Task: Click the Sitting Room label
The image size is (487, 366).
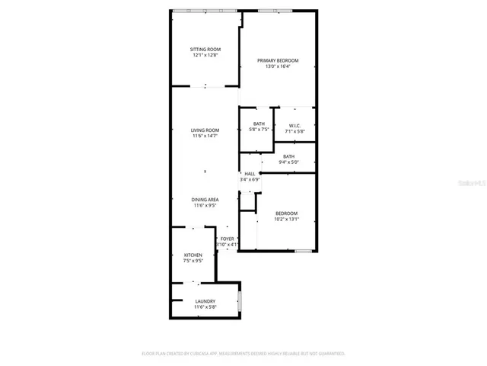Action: [205, 50]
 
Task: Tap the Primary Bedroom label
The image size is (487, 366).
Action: [278, 61]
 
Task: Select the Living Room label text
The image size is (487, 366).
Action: [205, 130]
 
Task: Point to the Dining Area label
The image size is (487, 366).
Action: [205, 200]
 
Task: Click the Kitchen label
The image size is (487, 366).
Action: [193, 255]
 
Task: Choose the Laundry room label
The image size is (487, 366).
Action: [205, 301]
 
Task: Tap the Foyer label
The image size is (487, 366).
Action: [228, 239]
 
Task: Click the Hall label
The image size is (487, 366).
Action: [250, 174]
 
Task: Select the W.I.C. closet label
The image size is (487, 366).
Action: [294, 126]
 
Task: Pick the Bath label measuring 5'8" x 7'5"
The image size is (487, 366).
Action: [259, 124]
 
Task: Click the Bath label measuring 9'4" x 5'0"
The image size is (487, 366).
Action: [289, 156]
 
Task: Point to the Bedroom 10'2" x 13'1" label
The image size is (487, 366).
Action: [286, 213]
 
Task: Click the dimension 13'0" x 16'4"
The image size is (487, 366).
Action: [278, 67]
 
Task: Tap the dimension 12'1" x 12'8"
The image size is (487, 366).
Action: [205, 56]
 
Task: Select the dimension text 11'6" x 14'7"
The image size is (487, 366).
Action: [205, 136]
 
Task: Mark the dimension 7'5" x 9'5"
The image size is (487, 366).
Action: [193, 261]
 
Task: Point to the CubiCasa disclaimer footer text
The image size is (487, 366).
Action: [243, 353]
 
